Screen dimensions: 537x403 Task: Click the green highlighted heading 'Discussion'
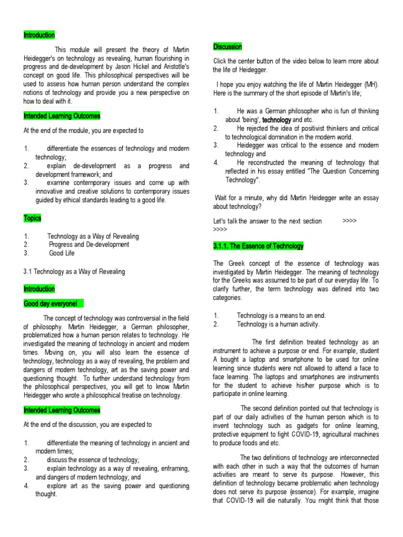click(x=228, y=47)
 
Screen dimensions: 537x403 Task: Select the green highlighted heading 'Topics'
click(x=33, y=218)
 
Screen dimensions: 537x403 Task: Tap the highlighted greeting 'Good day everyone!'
click(x=50, y=304)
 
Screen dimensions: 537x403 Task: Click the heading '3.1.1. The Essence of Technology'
click(x=258, y=246)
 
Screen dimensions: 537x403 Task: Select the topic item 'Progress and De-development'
click(x=89, y=244)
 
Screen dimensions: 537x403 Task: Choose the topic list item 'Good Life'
click(x=62, y=253)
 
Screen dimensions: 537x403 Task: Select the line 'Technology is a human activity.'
click(x=281, y=324)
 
